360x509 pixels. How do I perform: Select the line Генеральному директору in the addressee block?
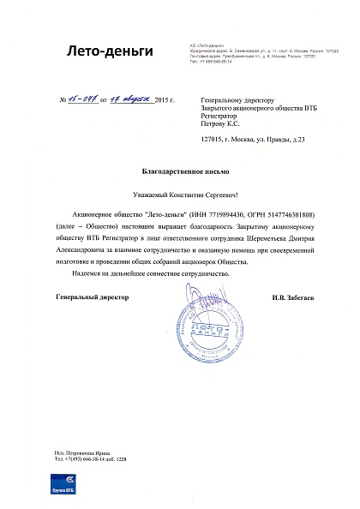[227, 101]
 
